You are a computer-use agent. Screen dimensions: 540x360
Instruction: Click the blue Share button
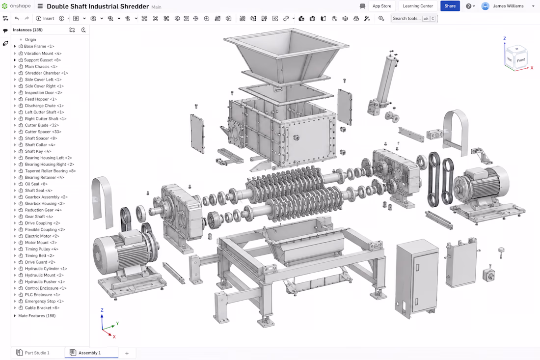tap(450, 6)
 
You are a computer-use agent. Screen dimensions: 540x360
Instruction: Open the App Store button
tap(381, 6)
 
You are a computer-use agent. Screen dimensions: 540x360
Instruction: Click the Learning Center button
tap(418, 6)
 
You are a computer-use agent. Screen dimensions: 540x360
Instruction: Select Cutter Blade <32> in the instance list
tap(42, 125)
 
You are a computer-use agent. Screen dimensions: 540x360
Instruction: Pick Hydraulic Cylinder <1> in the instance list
tap(46, 269)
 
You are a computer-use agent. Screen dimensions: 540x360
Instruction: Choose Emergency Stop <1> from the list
tap(44, 301)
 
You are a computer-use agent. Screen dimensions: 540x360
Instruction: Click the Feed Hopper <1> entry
tap(41, 99)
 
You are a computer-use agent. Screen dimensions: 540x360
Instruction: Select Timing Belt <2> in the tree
tap(40, 255)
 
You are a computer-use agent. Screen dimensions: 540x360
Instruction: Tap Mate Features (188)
tap(37, 316)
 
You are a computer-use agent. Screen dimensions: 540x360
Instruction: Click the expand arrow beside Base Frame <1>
tap(15, 46)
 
